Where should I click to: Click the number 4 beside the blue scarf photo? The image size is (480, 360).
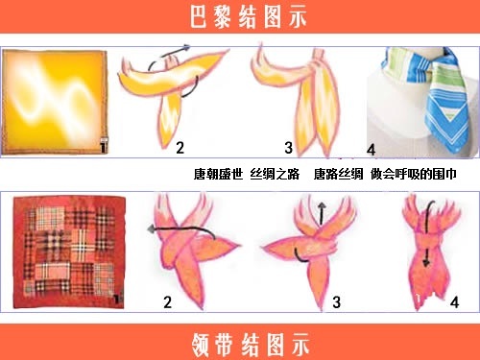pyautogui.click(x=372, y=151)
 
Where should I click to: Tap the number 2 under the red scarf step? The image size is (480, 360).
pyautogui.click(x=168, y=303)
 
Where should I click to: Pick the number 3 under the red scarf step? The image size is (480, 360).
pyautogui.click(x=337, y=303)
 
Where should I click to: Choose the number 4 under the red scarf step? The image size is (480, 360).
pyautogui.click(x=454, y=303)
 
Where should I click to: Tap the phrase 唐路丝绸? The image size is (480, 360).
pyautogui.click(x=338, y=175)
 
